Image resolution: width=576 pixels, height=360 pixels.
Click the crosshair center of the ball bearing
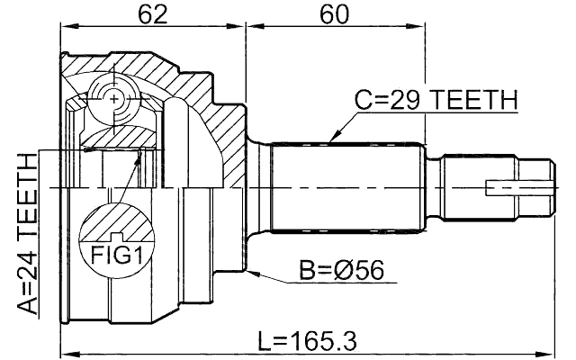[114, 102]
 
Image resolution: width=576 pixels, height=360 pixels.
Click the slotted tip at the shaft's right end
[517, 187]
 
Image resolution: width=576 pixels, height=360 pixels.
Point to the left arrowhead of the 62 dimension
[65, 29]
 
